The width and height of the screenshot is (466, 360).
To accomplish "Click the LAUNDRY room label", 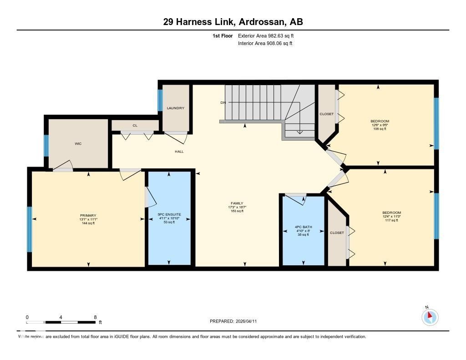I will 175,108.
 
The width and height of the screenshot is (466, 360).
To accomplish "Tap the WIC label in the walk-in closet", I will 78,143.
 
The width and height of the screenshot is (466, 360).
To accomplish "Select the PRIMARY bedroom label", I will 88,215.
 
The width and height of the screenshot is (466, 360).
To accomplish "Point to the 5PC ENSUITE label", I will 169,214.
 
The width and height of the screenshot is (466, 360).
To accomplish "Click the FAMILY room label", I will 237,203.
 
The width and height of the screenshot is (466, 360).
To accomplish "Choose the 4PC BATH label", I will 303,227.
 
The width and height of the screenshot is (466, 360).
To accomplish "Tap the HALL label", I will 179,151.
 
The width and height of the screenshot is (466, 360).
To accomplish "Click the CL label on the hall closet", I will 135,125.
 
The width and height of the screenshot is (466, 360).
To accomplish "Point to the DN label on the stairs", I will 223,102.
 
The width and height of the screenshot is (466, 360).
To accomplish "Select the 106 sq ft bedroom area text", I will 380,129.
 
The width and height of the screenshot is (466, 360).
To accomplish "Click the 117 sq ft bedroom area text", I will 391,220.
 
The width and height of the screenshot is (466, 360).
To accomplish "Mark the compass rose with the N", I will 430,317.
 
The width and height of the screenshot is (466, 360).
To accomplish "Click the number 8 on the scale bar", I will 95,317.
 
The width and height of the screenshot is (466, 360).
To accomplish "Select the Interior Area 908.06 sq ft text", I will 265,44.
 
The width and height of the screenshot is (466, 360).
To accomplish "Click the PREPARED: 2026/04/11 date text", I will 236,321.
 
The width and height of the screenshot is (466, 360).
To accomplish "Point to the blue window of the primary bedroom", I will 30,229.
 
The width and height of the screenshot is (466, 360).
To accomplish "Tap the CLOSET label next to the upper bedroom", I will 326,114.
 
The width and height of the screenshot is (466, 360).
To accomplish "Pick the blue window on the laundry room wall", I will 160,100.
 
